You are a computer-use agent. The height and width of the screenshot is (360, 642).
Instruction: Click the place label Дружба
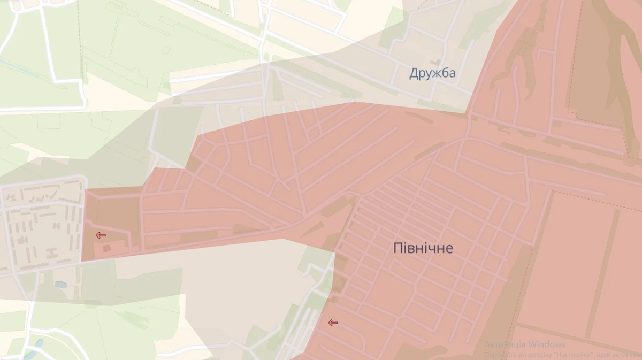(432, 73)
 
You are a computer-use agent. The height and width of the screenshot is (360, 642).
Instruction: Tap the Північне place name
(423, 248)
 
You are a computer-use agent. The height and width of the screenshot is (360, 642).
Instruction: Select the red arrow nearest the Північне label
(333, 323)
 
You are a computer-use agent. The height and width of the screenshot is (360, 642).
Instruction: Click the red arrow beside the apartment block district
(101, 235)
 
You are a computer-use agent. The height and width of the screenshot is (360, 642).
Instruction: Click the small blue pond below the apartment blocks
(60, 284)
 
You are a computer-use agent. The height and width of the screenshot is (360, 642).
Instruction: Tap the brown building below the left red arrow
(107, 248)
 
